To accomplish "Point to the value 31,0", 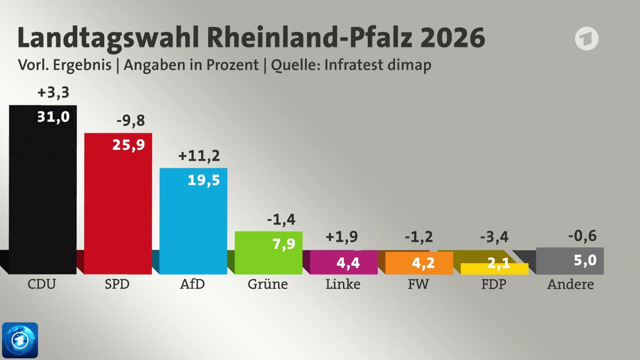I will pyautogui.click(x=53, y=117).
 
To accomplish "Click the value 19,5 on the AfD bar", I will pyautogui.click(x=204, y=180).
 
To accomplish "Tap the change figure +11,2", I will pyautogui.click(x=199, y=156).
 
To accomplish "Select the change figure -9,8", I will pyautogui.click(x=131, y=120).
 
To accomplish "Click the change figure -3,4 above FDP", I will pyautogui.click(x=494, y=237).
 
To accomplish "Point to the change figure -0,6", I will pyautogui.click(x=582, y=236).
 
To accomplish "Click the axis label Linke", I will pyautogui.click(x=343, y=284).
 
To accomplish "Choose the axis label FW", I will pyautogui.click(x=418, y=284).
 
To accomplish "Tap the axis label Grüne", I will pyautogui.click(x=267, y=284).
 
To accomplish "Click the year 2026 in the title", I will pyautogui.click(x=452, y=37).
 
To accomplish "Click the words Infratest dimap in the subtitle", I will pyautogui.click(x=378, y=65).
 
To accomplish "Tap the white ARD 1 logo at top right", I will pyautogui.click(x=586, y=39).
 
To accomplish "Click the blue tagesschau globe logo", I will pyautogui.click(x=20, y=340).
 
